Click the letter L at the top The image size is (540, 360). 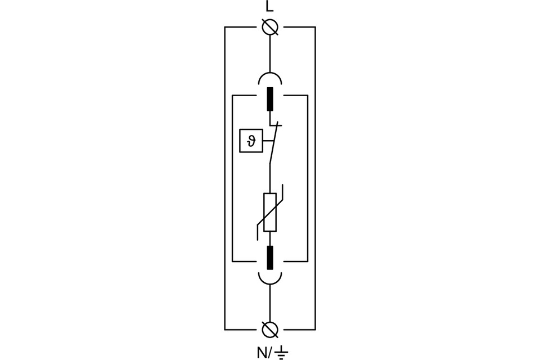pyautogui.click(x=269, y=7)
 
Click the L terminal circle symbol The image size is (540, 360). pyautogui.click(x=269, y=27)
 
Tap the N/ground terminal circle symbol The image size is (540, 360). pyautogui.click(x=269, y=330)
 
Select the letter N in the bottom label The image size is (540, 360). pyautogui.click(x=262, y=353)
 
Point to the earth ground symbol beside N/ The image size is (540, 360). pyautogui.click(x=282, y=353)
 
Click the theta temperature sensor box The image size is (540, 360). pyautogui.click(x=251, y=141)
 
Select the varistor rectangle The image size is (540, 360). pyautogui.click(x=269, y=212)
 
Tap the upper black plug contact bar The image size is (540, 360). pyautogui.click(x=269, y=99)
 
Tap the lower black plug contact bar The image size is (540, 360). pyautogui.click(x=269, y=257)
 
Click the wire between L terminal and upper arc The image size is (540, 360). pyautogui.click(x=269, y=54)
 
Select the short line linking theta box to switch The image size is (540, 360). pyautogui.click(x=269, y=141)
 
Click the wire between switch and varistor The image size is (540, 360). pyautogui.click(x=269, y=179)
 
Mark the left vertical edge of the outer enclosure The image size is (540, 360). pyautogui.click(x=225, y=178)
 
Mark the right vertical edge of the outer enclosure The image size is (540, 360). pyautogui.click(x=315, y=178)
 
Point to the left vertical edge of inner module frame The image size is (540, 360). pyautogui.click(x=232, y=178)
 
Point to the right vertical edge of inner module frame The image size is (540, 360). pyautogui.click(x=308, y=178)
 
